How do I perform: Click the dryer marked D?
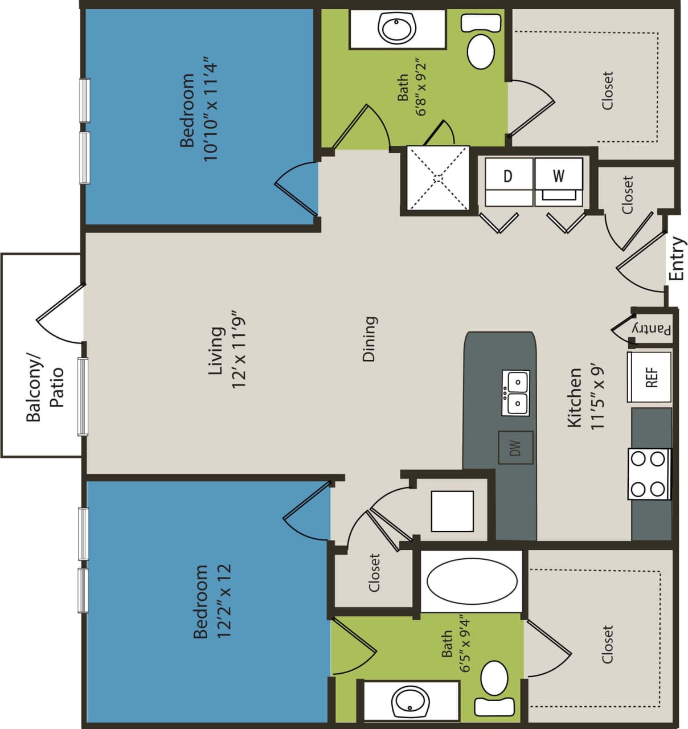tap(508, 181)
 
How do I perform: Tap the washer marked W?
tap(559, 181)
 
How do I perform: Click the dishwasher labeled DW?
tap(515, 448)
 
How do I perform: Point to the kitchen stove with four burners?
tap(649, 474)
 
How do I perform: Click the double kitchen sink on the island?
tap(515, 392)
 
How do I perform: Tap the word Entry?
tap(677, 259)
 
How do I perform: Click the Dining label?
tap(370, 339)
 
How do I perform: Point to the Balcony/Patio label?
tap(44, 387)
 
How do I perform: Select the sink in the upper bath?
tap(396, 29)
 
